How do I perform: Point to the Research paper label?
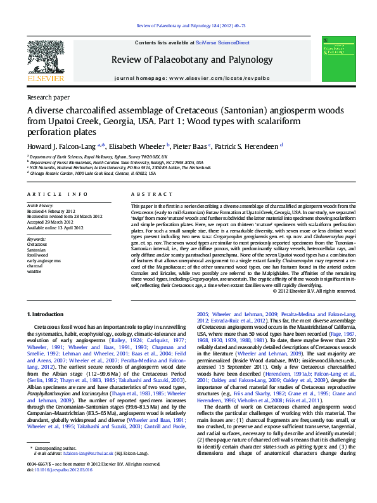(x=48, y=98)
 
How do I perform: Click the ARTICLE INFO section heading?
(x=57, y=194)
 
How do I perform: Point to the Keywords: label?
(x=37, y=239)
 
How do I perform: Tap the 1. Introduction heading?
(x=48, y=314)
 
